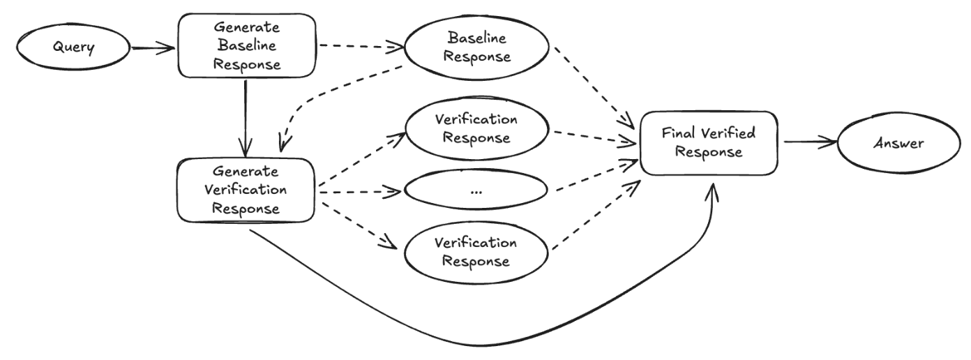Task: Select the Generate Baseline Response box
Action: point(248,45)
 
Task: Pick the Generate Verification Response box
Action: point(248,190)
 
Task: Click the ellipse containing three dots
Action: point(477,190)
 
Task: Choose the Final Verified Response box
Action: point(708,142)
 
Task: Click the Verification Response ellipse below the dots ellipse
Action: point(476,253)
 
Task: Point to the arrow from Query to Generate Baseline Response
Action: point(152,48)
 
